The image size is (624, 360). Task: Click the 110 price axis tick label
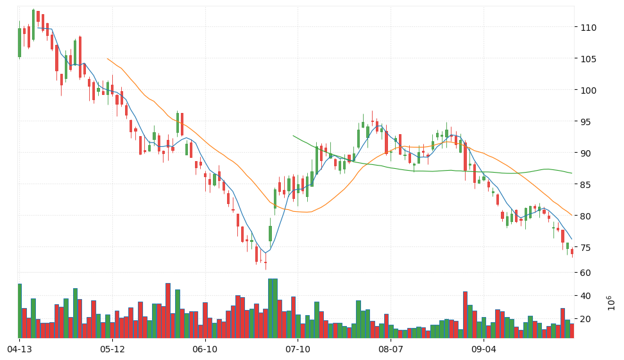click(x=589, y=28)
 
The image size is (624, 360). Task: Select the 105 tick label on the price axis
click(x=589, y=59)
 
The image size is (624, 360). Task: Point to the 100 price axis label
click(x=589, y=90)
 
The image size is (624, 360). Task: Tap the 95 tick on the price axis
click(x=586, y=122)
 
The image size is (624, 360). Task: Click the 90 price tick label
click(x=586, y=153)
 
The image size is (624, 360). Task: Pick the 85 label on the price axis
click(x=586, y=185)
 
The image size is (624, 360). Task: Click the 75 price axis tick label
click(x=586, y=248)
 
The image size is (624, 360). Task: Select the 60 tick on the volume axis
click(x=586, y=273)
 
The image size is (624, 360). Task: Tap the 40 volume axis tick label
click(x=586, y=296)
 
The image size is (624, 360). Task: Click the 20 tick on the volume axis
click(x=586, y=319)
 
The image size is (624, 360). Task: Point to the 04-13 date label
click(x=19, y=350)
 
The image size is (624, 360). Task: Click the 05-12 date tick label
click(x=112, y=350)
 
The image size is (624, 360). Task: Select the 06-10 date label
click(x=205, y=350)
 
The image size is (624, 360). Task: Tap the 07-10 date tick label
click(x=298, y=350)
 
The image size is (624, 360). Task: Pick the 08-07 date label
click(x=391, y=350)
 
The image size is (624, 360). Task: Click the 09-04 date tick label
click(x=484, y=350)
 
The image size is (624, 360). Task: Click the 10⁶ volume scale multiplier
click(x=611, y=303)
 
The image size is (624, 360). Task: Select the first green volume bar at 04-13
click(x=19, y=311)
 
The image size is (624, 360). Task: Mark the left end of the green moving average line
click(x=293, y=136)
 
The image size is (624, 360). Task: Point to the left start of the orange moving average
click(x=107, y=58)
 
